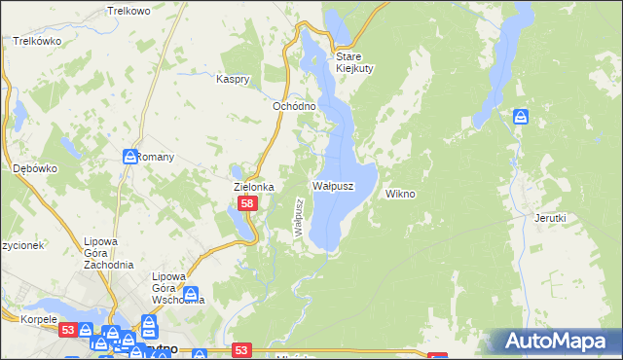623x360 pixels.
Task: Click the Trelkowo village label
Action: [130, 11]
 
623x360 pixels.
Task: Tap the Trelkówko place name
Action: [38, 42]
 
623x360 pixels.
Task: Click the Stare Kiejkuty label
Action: [355, 61]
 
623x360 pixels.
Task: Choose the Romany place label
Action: [156, 157]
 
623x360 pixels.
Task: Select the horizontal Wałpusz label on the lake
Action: [332, 185]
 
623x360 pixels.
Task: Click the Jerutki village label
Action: [550, 218]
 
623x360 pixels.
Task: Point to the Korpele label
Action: [22, 319]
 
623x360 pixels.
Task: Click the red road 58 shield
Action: [248, 203]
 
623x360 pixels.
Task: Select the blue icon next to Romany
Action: [129, 157]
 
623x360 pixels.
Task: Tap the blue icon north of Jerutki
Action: [522, 117]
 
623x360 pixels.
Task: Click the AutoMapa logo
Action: [556, 341]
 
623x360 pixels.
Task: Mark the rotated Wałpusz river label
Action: [300, 215]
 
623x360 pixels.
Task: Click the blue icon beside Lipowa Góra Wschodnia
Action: [191, 293]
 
